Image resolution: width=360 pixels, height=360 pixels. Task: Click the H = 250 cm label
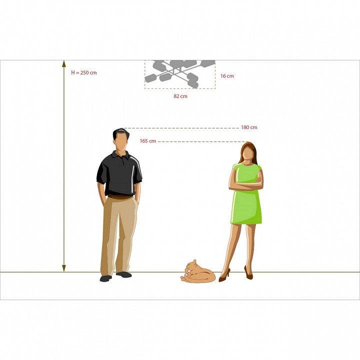point(84,73)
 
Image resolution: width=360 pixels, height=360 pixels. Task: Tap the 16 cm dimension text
point(227,76)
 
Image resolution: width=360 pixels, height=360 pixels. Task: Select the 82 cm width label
point(180,96)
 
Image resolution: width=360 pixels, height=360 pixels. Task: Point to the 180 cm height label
point(249,127)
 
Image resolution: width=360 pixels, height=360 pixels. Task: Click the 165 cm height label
point(147,141)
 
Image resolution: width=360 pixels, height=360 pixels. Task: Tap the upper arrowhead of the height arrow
point(64,64)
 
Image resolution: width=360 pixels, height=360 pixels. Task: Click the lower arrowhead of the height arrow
point(64,268)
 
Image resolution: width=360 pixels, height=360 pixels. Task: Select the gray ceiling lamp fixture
point(180,74)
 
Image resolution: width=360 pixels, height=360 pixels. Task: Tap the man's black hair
point(120,132)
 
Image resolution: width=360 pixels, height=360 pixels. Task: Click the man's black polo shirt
point(119,174)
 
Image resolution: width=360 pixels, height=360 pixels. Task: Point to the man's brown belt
point(120,197)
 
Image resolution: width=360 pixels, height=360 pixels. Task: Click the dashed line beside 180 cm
point(180,128)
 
